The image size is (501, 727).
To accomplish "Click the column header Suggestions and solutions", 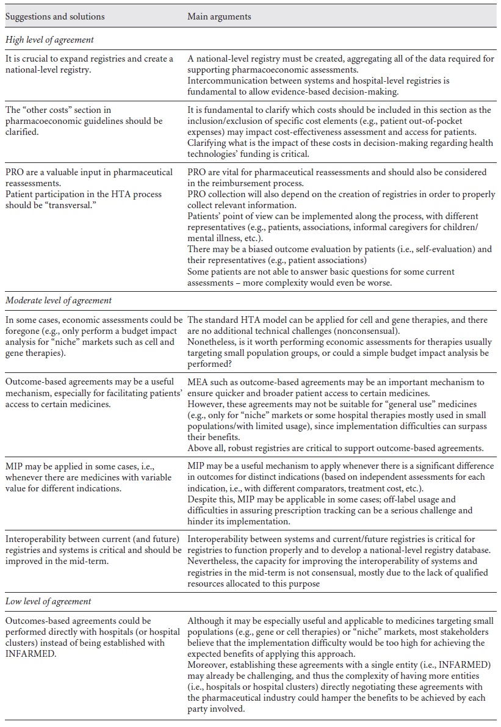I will (x=55, y=16).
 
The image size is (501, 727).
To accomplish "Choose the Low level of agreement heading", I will (x=48, y=601).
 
